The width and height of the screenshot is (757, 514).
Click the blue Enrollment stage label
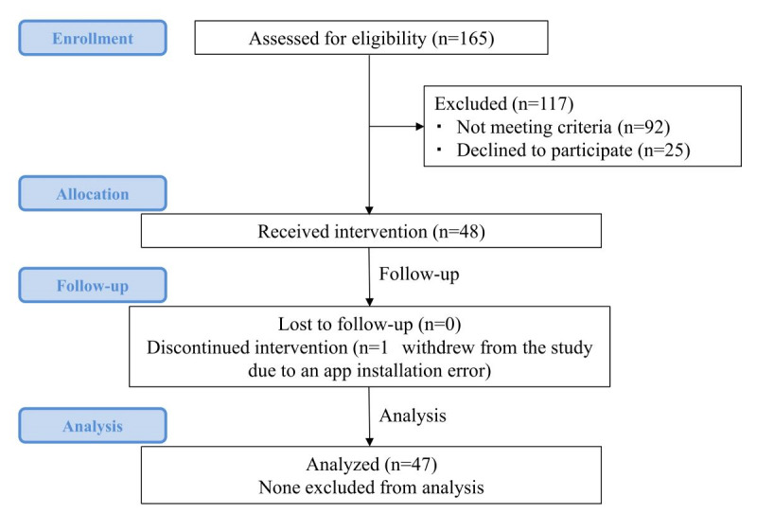[93, 38]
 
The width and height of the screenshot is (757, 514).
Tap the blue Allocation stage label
[93, 193]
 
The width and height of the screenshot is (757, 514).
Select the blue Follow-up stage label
[93, 285]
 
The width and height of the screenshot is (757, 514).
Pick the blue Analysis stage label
[93, 426]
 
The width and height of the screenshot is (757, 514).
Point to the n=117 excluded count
[542, 103]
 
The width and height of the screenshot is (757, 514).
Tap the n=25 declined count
[664, 151]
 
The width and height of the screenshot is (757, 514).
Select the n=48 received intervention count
[459, 231]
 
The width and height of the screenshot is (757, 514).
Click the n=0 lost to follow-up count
[439, 324]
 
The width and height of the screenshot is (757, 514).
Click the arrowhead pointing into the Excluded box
[419, 127]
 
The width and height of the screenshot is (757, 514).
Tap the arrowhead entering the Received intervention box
[369, 210]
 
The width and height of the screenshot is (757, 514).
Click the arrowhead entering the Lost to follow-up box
[369, 302]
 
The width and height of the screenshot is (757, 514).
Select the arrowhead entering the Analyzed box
[369, 442]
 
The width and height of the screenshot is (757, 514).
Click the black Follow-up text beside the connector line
[419, 274]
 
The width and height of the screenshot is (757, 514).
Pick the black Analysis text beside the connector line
[413, 416]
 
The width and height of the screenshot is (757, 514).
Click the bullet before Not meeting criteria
[439, 127]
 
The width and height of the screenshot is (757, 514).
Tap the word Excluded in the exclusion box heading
[470, 103]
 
